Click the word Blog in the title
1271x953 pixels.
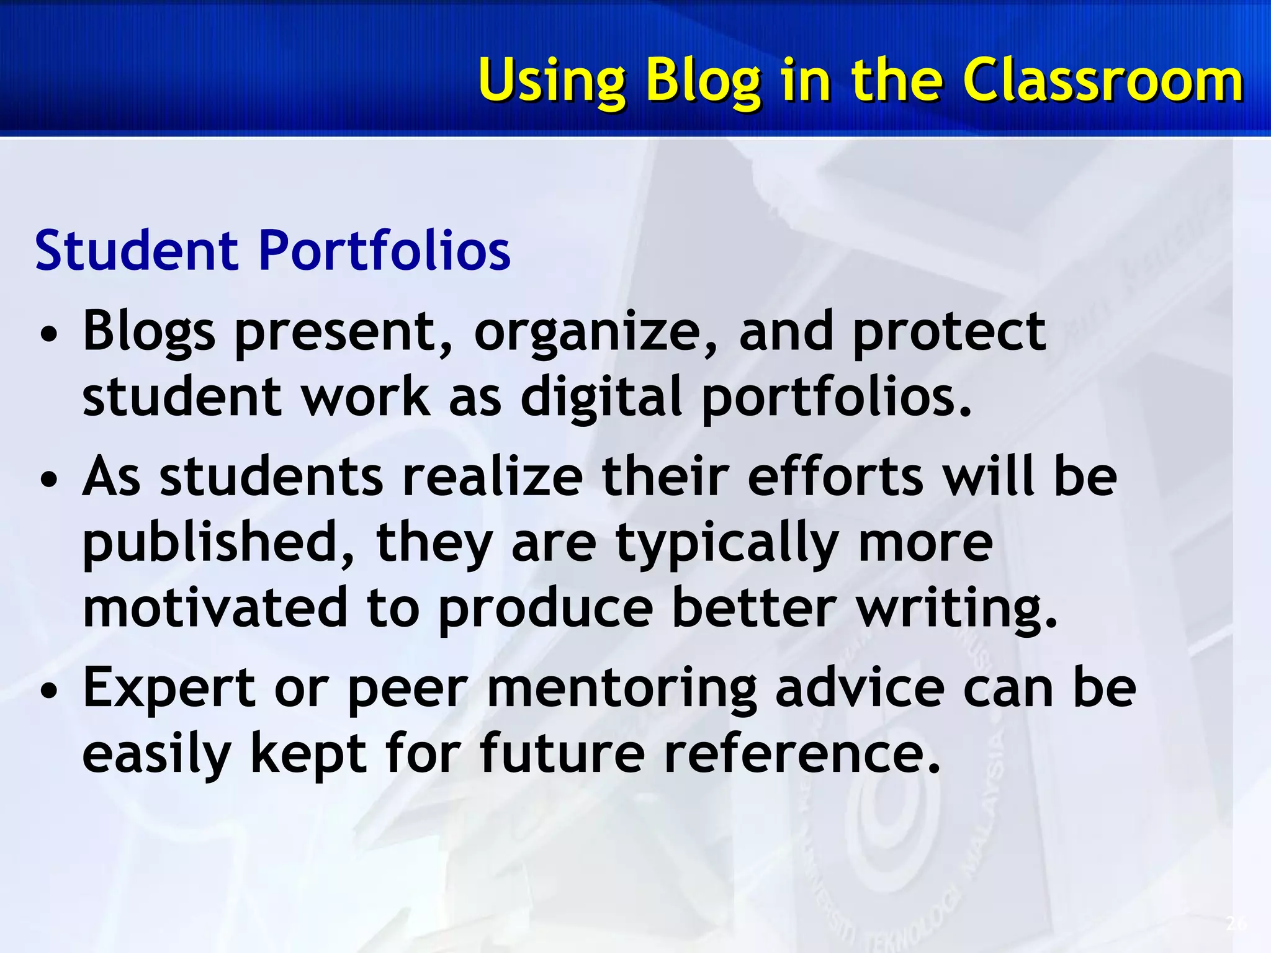pyautogui.click(x=703, y=81)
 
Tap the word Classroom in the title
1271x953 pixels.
pyautogui.click(x=1103, y=81)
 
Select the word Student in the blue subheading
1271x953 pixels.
pyautogui.click(x=137, y=251)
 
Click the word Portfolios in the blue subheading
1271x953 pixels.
pyautogui.click(x=384, y=251)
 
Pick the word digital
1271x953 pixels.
pyautogui.click(x=601, y=397)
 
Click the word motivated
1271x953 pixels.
pyautogui.click(x=215, y=608)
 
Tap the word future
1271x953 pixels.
pyautogui.click(x=562, y=753)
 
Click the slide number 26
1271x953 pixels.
pyautogui.click(x=1236, y=924)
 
